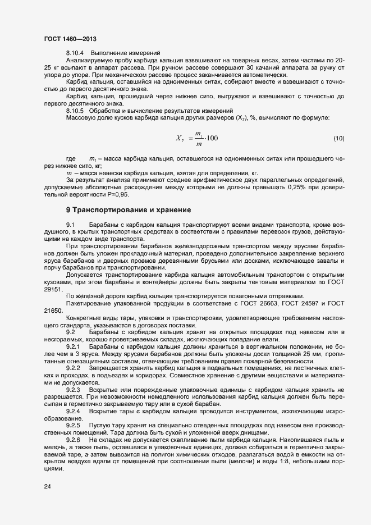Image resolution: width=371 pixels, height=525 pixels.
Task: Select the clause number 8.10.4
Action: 75,53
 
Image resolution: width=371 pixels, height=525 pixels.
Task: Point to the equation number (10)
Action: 338,138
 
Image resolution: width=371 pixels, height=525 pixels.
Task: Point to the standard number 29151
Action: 52,289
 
